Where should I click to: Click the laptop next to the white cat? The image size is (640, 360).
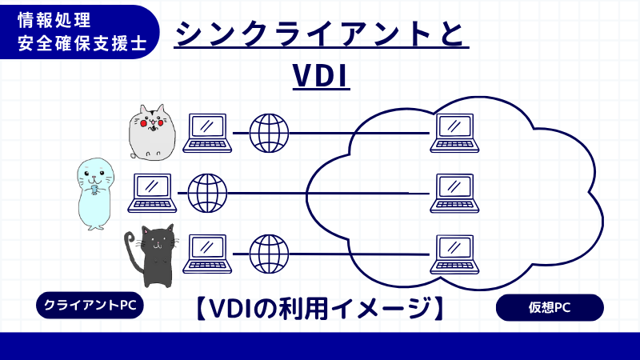click(207, 133)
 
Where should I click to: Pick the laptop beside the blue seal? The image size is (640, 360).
click(152, 193)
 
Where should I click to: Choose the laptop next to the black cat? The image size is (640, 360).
click(207, 254)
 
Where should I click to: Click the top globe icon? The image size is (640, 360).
click(269, 133)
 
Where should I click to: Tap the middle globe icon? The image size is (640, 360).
click(207, 193)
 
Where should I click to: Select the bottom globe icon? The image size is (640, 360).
click(269, 254)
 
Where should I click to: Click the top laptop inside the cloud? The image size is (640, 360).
click(455, 133)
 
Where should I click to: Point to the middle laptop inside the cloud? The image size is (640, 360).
click(455, 193)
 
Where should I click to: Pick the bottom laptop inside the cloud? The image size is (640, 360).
click(455, 254)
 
